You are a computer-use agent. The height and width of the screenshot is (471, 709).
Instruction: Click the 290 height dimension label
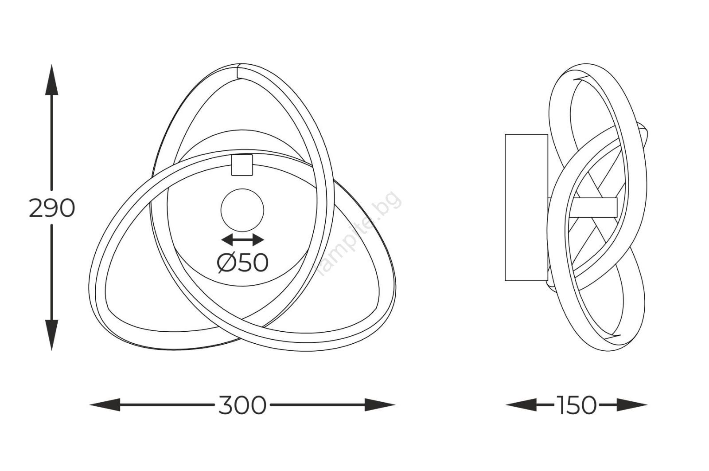51,209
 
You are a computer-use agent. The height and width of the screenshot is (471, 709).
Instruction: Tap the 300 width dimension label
242,405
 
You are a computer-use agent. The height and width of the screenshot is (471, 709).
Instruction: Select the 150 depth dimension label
577,405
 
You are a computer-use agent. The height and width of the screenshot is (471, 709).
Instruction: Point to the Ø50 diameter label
243,263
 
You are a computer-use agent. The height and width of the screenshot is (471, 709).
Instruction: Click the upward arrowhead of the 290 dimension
51,79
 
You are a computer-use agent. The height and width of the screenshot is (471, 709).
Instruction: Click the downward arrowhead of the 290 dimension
51,335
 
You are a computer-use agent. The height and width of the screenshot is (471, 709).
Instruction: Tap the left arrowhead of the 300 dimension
105,405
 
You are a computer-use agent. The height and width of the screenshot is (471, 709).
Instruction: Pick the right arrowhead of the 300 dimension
380,405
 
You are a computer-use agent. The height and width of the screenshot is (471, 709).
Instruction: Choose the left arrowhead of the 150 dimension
521,405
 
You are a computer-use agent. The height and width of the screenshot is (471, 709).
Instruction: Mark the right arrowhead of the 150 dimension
632,405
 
